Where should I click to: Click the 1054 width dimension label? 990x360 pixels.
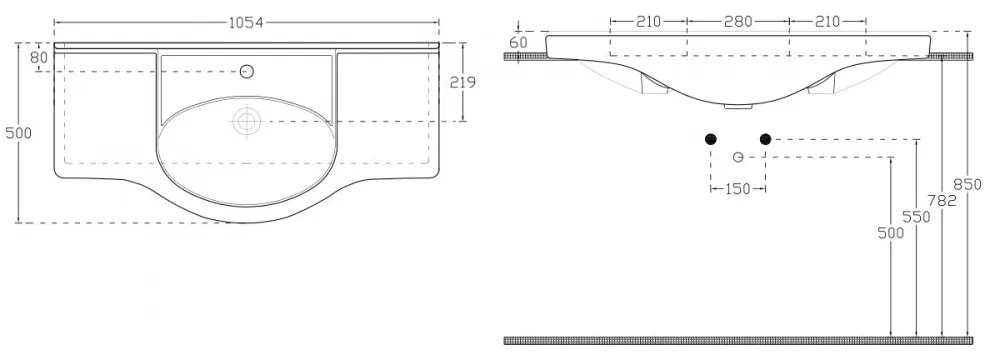246,23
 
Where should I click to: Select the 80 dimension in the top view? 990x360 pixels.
39,57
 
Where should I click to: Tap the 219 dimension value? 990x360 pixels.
463,81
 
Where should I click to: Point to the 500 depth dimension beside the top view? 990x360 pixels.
18,133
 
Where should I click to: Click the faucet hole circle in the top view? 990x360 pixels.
248,71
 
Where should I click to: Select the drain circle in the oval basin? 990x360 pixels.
247,121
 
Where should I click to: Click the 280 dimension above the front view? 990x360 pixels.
738,22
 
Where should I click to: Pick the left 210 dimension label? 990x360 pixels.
648,22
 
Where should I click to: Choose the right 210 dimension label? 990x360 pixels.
828,22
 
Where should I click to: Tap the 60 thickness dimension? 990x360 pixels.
518,43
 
